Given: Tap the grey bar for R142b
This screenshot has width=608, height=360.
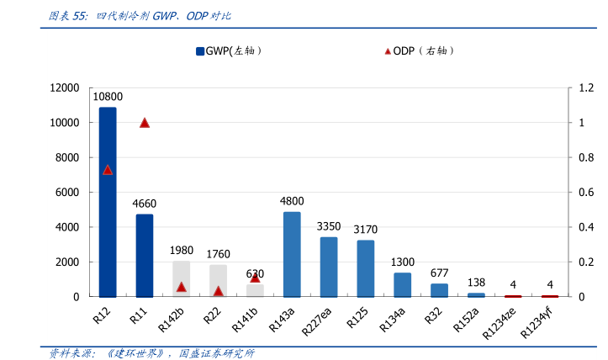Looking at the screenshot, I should [181, 278].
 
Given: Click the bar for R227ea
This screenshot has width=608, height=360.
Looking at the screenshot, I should [329, 267].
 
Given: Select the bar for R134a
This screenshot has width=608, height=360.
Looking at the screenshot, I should [403, 284].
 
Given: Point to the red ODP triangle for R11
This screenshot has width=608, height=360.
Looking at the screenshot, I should [145, 123].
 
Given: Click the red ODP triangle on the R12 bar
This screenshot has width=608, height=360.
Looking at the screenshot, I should [108, 170].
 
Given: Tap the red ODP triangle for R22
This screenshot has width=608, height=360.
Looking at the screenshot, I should [218, 291].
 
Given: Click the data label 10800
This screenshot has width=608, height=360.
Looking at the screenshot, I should [108, 97].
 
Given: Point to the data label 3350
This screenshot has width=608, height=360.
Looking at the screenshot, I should [329, 226].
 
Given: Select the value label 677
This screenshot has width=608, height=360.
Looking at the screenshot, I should [439, 273].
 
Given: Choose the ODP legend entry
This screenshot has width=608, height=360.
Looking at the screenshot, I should [420, 50].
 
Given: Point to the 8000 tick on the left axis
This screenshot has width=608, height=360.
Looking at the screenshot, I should [65, 157].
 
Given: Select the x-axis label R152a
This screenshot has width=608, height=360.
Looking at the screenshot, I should [465, 317].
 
